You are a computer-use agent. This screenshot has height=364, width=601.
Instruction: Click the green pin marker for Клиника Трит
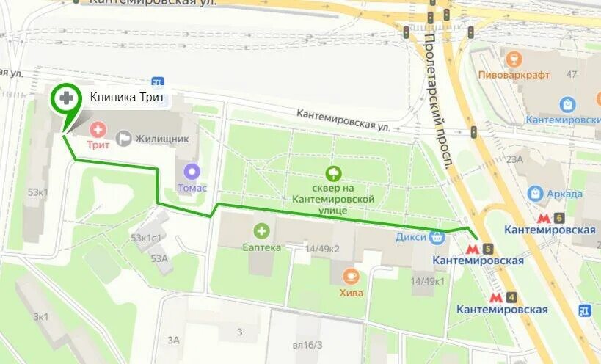coord(66,99)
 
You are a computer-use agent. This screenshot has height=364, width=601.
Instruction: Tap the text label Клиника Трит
coord(126,97)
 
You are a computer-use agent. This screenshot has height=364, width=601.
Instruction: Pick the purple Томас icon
coord(192,172)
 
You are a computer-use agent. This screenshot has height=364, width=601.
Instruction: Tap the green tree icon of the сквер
coord(333,173)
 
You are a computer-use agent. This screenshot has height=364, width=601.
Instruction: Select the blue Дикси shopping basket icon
coord(438,237)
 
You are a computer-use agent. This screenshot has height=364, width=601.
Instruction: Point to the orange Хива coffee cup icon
coord(351,276)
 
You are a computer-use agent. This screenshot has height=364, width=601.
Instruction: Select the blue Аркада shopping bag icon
coord(535,193)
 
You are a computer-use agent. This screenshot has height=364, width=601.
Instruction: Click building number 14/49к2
coord(323,249)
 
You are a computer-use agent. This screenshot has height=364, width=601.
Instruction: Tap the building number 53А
coord(159,258)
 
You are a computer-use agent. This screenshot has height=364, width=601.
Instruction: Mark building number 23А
coord(514,159)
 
